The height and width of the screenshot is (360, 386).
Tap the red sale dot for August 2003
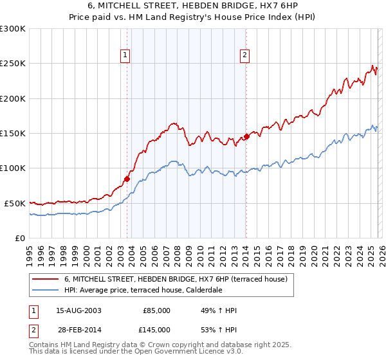pyautogui.click(x=127, y=179)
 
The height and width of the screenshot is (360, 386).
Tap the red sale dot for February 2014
pyautogui.click(x=246, y=136)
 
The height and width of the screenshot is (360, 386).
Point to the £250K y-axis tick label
pyautogui.click(x=13, y=64)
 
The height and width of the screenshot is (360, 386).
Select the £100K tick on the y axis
pyautogui.click(x=13, y=168)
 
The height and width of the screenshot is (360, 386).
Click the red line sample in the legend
pyautogui.click(x=45, y=279)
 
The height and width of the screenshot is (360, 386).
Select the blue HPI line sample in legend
pyautogui.click(x=45, y=290)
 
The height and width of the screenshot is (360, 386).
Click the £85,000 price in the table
pyautogui.click(x=156, y=310)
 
